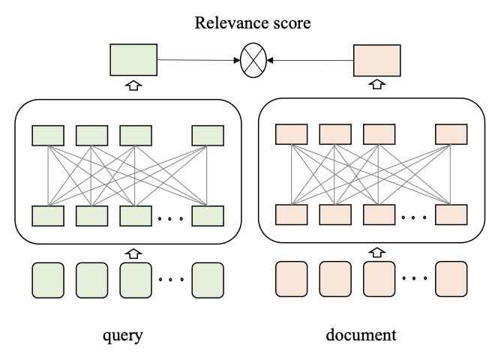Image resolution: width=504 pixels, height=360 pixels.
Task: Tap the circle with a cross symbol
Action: point(253,60)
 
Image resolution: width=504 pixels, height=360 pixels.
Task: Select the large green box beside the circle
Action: point(133,60)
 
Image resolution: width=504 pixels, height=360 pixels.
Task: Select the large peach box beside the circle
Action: point(377,61)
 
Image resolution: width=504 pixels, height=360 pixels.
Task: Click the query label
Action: point(123,336)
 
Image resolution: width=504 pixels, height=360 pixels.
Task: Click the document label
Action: point(361,335)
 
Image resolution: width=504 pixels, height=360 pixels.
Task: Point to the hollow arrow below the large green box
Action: point(133,85)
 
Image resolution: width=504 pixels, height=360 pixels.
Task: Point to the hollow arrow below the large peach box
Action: point(377,84)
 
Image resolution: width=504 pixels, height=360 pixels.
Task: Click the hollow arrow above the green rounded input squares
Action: point(133,253)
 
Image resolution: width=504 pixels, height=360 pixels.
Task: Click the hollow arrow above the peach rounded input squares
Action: point(377,252)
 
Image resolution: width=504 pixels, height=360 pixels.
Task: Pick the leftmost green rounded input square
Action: point(48,280)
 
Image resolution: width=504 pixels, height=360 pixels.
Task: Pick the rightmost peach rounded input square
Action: point(451,279)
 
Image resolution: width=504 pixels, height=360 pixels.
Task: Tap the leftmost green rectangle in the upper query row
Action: point(48,136)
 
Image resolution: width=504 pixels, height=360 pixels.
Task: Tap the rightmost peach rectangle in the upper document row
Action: point(451,134)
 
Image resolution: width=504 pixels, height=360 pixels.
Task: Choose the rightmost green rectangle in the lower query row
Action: point(208,216)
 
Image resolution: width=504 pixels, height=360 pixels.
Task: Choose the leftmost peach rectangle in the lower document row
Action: point(292,214)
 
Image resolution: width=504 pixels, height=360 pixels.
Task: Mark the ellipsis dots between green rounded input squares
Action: point(171,279)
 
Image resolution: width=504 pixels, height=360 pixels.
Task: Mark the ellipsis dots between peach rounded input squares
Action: point(415,278)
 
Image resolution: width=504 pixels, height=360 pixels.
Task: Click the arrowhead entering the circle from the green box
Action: point(237,60)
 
